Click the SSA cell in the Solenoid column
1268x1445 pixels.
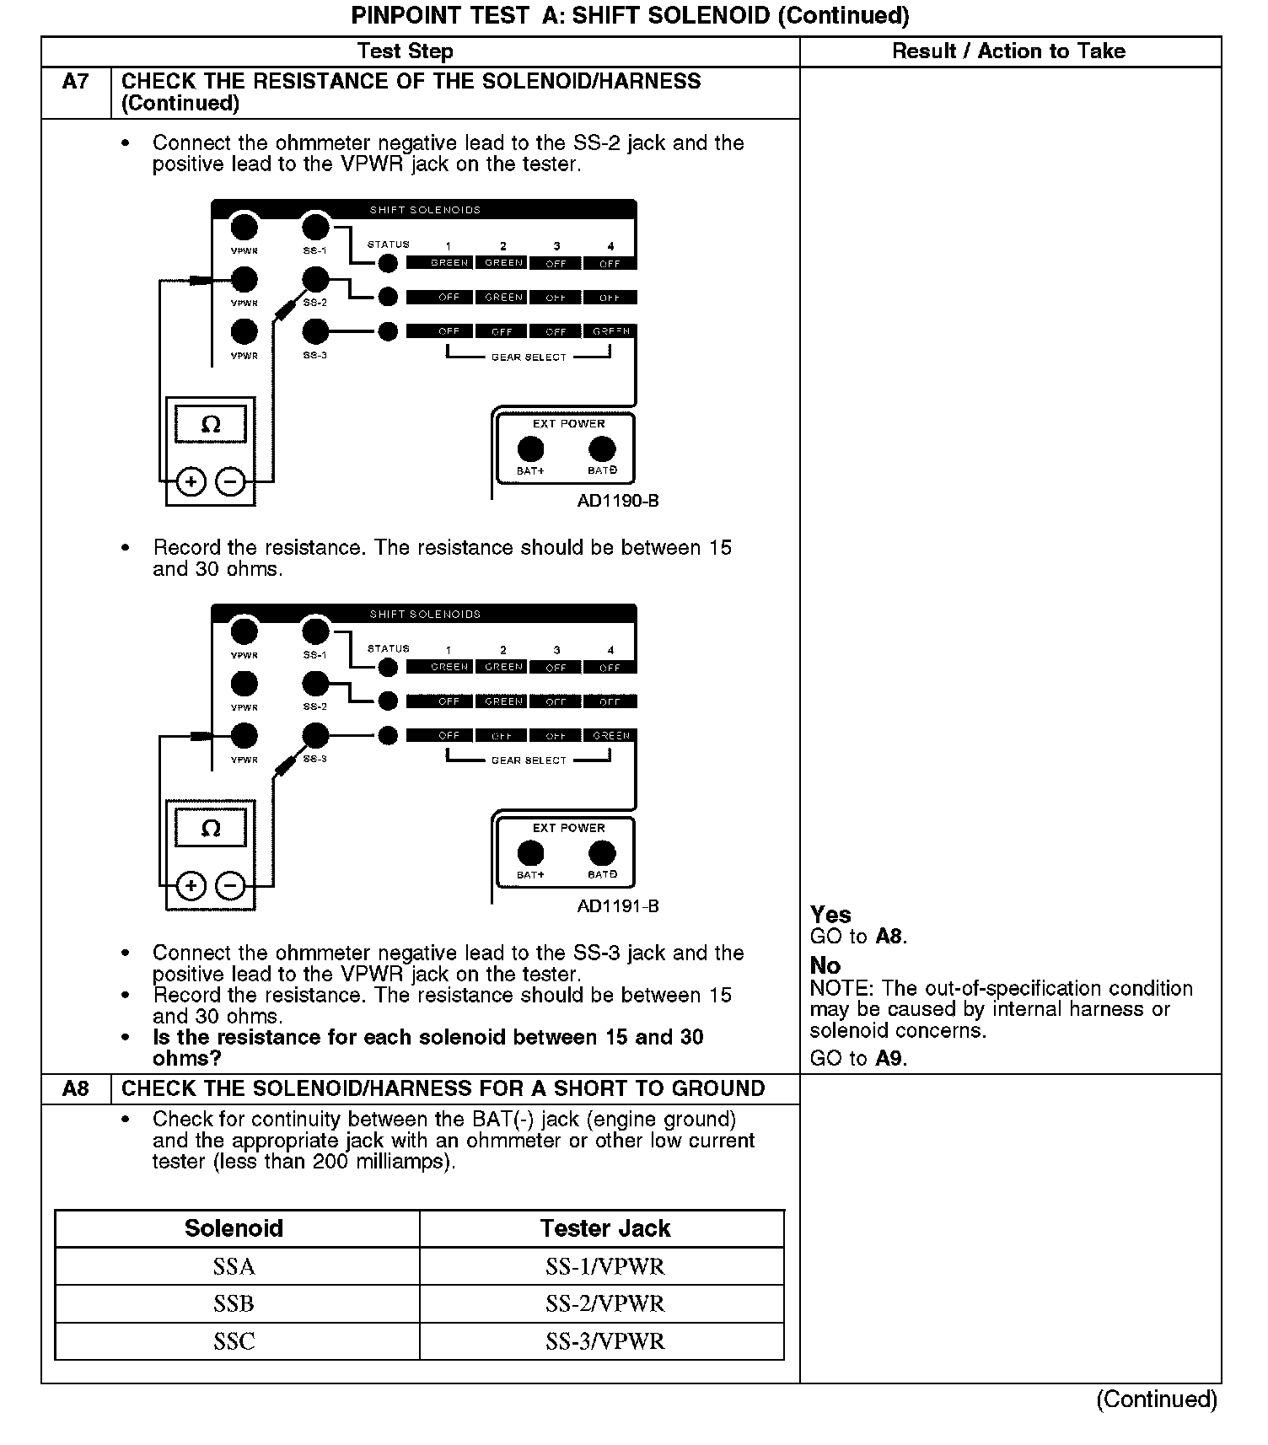point(234,1266)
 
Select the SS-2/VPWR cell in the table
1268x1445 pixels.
point(604,1303)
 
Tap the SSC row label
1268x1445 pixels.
point(234,1341)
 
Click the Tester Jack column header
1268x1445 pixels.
point(604,1228)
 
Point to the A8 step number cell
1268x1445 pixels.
point(76,1088)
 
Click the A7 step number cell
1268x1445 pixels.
point(76,82)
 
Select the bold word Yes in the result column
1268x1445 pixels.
point(830,915)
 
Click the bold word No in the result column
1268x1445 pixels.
point(825,965)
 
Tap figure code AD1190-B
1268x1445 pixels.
point(618,501)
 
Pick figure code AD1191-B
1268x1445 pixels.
point(618,906)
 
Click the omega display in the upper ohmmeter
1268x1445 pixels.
point(211,424)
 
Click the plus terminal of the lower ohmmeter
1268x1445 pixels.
point(191,886)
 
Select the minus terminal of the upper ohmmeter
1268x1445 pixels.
point(230,482)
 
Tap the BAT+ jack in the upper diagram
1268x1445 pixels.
point(530,449)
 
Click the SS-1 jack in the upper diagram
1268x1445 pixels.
point(315,227)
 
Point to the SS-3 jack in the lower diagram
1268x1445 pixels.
point(315,735)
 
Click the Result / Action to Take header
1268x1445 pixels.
point(1008,51)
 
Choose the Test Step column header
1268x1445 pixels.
point(405,51)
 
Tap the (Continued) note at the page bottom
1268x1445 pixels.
point(1157,1399)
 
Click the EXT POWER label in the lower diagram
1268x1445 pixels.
point(568,828)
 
